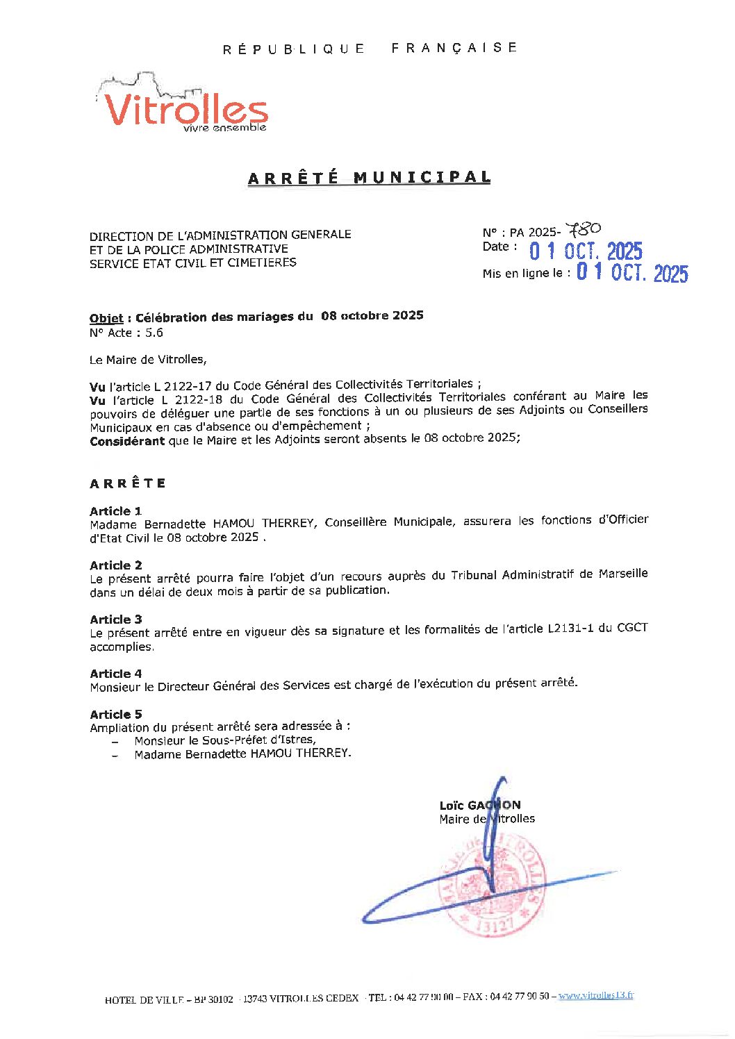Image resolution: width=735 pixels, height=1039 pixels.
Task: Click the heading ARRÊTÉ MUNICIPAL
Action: click(x=369, y=178)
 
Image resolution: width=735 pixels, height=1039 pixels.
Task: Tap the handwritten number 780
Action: click(x=584, y=230)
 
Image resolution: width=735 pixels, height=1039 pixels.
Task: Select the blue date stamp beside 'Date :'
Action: click(x=586, y=251)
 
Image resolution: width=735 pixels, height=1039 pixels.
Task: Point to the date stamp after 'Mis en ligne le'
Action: click(x=632, y=274)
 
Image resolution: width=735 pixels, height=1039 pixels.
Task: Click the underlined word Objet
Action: click(x=106, y=319)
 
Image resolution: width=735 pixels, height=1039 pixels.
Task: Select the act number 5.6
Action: click(x=154, y=333)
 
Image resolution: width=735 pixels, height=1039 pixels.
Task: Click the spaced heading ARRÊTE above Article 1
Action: click(x=128, y=483)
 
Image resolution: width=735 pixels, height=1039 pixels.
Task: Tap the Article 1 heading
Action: click(x=115, y=511)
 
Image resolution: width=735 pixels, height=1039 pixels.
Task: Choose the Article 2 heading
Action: click(x=115, y=565)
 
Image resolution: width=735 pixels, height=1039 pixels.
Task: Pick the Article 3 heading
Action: click(x=115, y=620)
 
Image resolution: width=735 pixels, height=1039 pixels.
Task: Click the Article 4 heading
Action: click(x=115, y=674)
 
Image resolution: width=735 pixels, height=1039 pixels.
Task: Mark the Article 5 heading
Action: click(x=115, y=715)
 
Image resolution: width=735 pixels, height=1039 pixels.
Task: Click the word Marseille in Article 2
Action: click(x=622, y=574)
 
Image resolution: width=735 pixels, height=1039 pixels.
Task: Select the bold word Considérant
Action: click(x=127, y=441)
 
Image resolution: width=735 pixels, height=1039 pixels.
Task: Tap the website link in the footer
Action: click(x=596, y=995)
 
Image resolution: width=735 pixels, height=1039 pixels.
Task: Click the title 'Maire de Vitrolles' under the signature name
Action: click(x=487, y=820)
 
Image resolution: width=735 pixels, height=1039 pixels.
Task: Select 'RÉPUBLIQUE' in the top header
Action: click(x=294, y=49)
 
